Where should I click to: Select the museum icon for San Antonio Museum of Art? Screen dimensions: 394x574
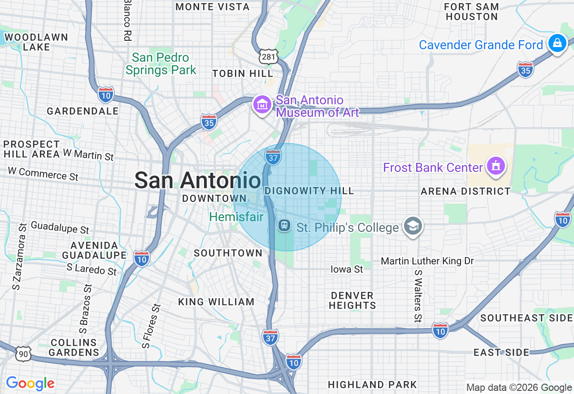click(x=262, y=105)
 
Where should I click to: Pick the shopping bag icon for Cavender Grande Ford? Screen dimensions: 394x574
click(x=557, y=44)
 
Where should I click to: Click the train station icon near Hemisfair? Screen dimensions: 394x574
click(x=284, y=225)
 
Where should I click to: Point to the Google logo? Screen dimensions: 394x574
click(x=30, y=384)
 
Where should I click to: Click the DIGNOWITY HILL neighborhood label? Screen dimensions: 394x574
click(x=309, y=191)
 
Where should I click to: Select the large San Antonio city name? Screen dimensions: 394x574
click(x=198, y=180)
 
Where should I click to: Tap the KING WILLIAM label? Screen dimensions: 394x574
click(x=217, y=302)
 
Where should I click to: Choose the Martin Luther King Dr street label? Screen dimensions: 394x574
click(x=427, y=261)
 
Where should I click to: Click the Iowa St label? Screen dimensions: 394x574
click(x=347, y=270)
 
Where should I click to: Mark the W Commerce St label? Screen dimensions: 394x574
click(x=43, y=174)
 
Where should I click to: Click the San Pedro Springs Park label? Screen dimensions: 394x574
click(x=161, y=64)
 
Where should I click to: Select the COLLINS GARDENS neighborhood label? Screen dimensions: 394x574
click(x=74, y=347)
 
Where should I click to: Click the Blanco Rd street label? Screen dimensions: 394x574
click(x=128, y=20)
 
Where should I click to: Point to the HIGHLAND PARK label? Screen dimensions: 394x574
click(x=372, y=385)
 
